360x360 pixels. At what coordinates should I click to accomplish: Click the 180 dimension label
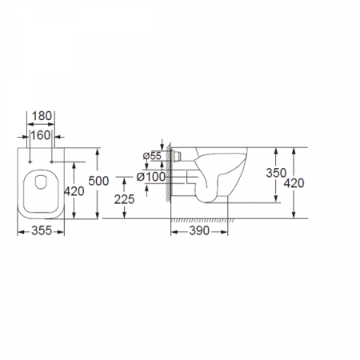coord(42,116)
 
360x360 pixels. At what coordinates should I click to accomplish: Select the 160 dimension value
coord(41,135)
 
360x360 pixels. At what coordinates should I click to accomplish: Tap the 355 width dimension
coord(42,230)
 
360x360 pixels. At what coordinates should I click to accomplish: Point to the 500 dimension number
coord(98,181)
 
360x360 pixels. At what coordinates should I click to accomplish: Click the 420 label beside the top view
coord(74,191)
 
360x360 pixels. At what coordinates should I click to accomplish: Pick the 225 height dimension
coord(124,199)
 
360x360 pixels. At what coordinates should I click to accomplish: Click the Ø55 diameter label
coord(152,156)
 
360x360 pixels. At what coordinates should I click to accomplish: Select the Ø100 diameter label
coord(151,177)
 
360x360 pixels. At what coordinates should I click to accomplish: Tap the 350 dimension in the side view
coord(276,173)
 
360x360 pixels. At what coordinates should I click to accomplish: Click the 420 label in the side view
coord(294,183)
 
